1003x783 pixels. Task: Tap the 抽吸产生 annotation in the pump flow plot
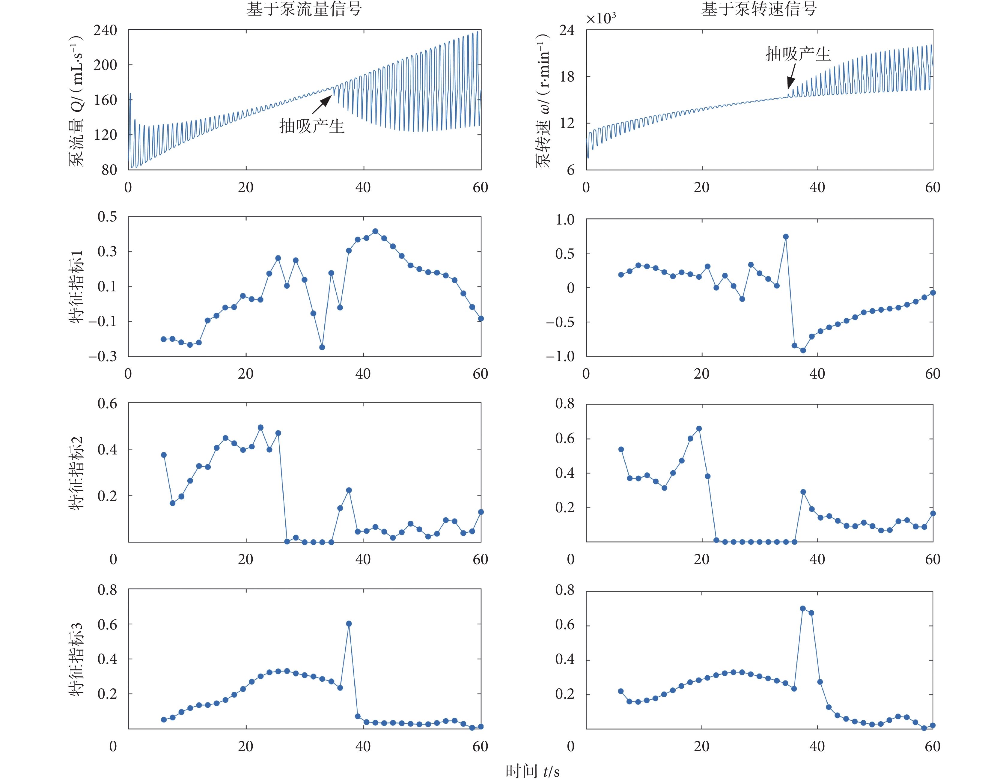click(312, 126)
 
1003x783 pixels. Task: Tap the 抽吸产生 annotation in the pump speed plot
click(798, 54)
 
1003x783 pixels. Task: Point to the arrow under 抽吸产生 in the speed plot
click(791, 77)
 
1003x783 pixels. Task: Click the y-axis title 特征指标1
click(76, 287)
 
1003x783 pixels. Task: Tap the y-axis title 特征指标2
click(76, 473)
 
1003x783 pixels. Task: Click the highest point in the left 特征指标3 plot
click(349, 624)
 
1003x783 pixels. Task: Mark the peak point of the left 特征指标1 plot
click(375, 231)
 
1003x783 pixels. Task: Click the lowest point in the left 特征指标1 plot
click(323, 347)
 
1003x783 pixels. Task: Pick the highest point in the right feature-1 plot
click(786, 237)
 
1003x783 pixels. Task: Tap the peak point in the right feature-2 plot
click(699, 428)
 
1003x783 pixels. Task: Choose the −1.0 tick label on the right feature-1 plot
click(560, 356)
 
